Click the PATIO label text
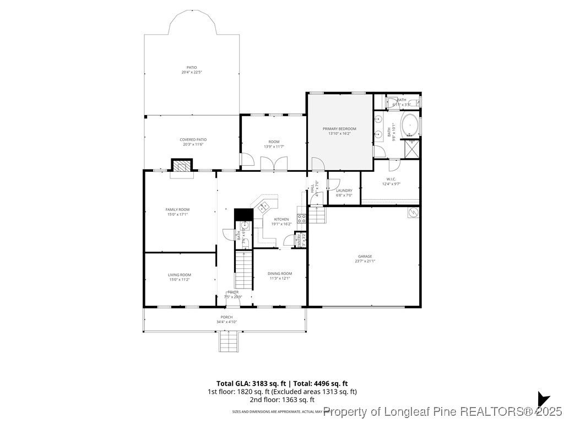pos(191,67)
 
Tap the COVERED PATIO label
pos(192,139)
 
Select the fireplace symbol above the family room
pos(181,165)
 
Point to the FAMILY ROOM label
pos(177,209)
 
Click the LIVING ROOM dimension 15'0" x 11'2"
pos(179,280)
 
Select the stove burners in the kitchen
pos(301,218)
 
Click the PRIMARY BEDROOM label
pos(339,128)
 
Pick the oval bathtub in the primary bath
pos(410,126)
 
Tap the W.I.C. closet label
pos(391,179)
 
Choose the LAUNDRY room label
pos(344,191)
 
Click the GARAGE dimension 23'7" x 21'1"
pos(365,261)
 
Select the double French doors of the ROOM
pos(274,164)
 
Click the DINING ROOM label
pos(280,273)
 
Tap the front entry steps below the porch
pos(229,342)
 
